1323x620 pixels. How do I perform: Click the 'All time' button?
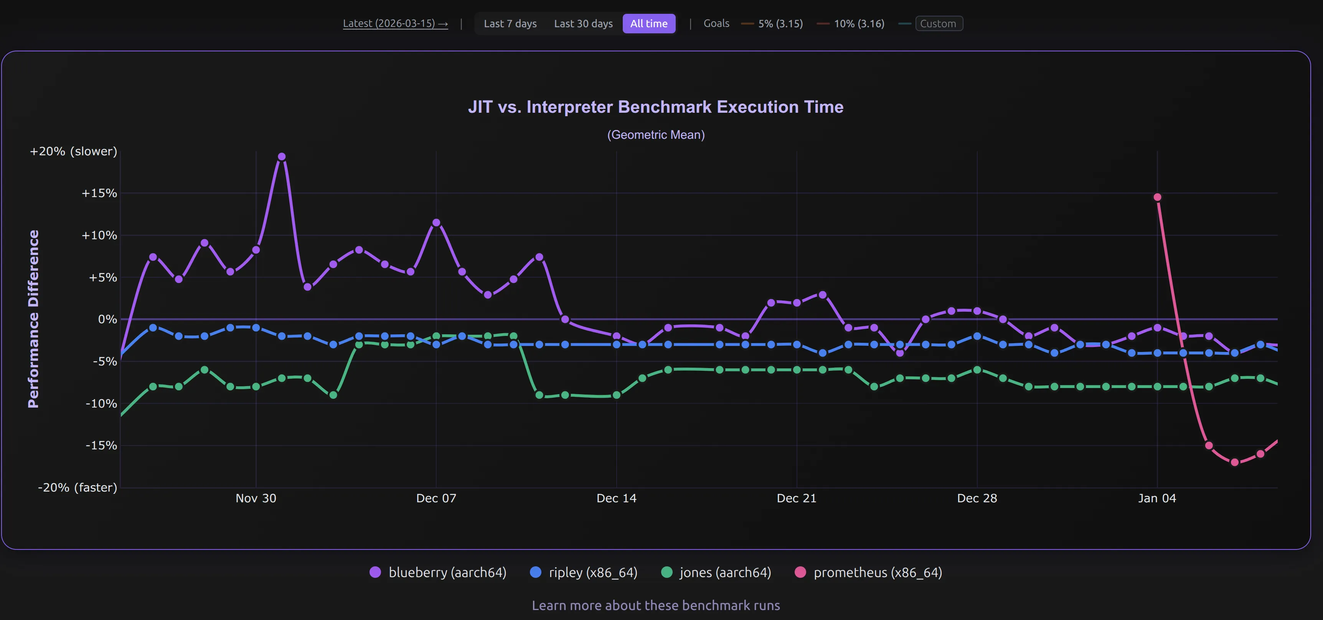pos(649,24)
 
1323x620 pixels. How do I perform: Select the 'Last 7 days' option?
pos(510,24)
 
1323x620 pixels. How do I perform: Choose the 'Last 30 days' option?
pos(583,24)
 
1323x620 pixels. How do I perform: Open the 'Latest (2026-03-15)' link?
pos(395,24)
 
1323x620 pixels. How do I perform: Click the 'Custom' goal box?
pos(938,24)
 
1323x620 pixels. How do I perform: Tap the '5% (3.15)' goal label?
pos(780,24)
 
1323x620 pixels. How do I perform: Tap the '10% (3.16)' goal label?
pos(859,24)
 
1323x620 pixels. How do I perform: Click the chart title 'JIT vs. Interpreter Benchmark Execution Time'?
pos(655,107)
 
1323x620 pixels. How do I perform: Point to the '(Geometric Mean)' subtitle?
pos(655,135)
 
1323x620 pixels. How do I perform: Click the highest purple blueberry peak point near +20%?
pos(282,156)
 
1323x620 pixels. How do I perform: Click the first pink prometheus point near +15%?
pos(1157,197)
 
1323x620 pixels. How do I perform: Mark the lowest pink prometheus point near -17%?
pos(1235,462)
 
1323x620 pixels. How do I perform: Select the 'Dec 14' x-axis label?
pos(616,498)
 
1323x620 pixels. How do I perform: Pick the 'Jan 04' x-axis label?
pos(1156,498)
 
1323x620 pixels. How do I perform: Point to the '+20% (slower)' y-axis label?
pos(73,151)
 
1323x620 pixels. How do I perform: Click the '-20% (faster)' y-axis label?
pos(78,487)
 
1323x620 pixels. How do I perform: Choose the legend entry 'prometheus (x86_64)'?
pos(877,572)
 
